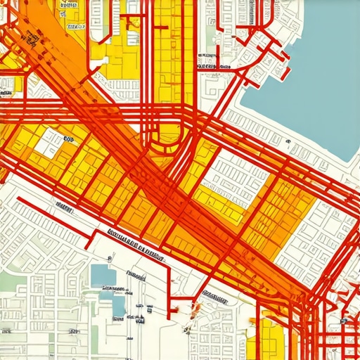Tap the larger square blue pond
pyautogui.click(x=102, y=276)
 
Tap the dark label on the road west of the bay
pyautogui.click(x=214, y=67)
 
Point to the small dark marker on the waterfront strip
pyautogui.click(x=288, y=141)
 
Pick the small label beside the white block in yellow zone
pyautogui.click(x=68, y=139)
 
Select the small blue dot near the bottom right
pyautogui.click(x=345, y=321)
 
